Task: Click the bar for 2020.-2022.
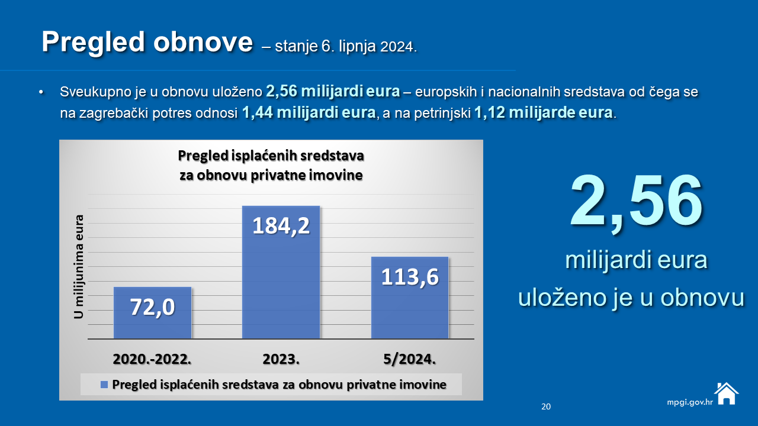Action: (x=152, y=313)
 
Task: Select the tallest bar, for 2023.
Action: (x=281, y=272)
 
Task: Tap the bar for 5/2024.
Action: (x=410, y=298)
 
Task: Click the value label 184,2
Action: (x=281, y=226)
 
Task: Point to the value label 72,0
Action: (x=152, y=307)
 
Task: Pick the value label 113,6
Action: (x=410, y=277)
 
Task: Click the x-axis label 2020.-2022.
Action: (x=152, y=359)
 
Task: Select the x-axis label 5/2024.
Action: (x=409, y=359)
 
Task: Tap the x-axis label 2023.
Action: (x=281, y=359)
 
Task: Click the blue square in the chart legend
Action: (x=104, y=385)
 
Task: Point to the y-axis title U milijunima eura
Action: (x=79, y=267)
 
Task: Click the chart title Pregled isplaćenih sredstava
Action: (x=271, y=156)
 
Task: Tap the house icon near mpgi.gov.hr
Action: (x=726, y=393)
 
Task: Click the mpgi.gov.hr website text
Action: (x=690, y=402)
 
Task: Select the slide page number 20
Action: (x=546, y=406)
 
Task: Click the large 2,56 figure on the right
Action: (x=636, y=203)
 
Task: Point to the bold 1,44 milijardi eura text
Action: (x=309, y=112)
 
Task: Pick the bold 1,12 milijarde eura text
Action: (x=544, y=112)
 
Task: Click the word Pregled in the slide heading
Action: (x=94, y=43)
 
